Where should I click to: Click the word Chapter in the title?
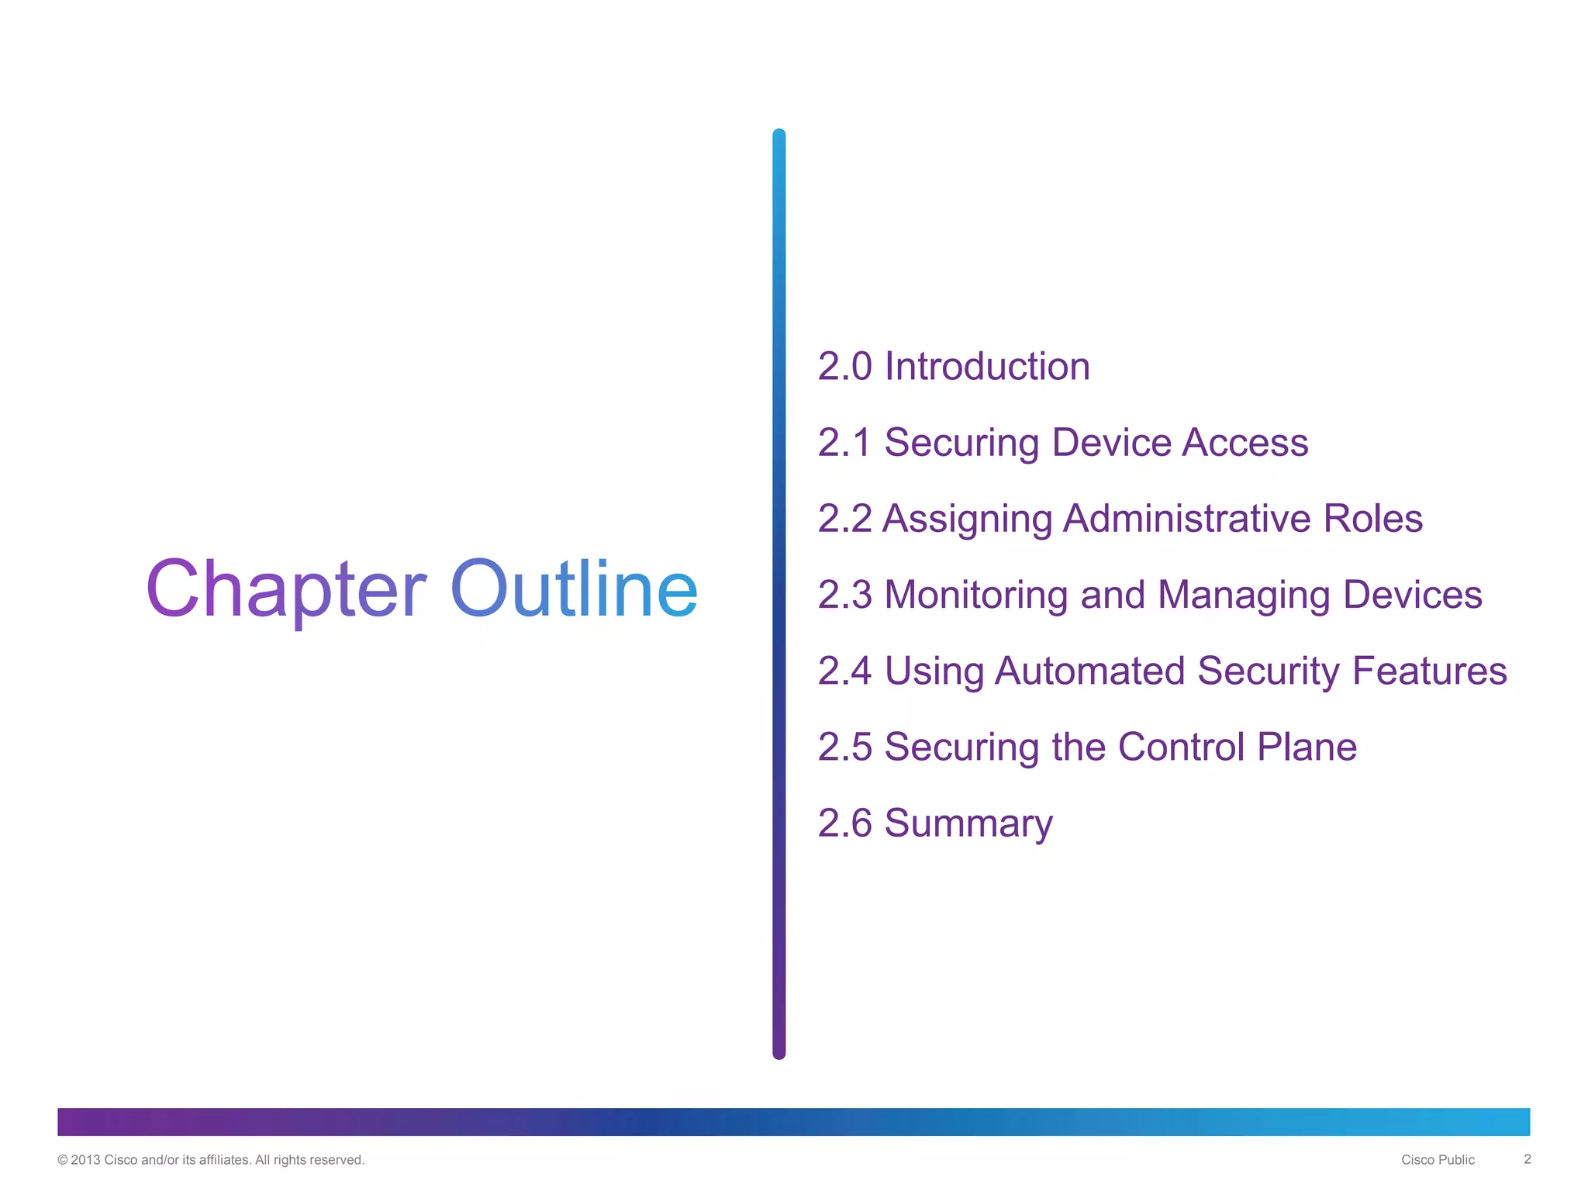[x=285, y=589]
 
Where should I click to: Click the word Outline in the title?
[x=574, y=589]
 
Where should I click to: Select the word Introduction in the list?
[x=987, y=366]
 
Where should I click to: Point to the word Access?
[x=1245, y=443]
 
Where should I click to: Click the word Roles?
[x=1372, y=519]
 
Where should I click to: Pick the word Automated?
[x=1089, y=671]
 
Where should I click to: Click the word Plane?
[x=1307, y=747]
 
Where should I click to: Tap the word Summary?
[x=968, y=823]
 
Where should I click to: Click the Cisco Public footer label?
[x=1438, y=1160]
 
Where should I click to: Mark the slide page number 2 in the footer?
[x=1528, y=1159]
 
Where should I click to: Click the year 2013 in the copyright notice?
[x=85, y=1160]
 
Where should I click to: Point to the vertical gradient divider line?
[x=779, y=594]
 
